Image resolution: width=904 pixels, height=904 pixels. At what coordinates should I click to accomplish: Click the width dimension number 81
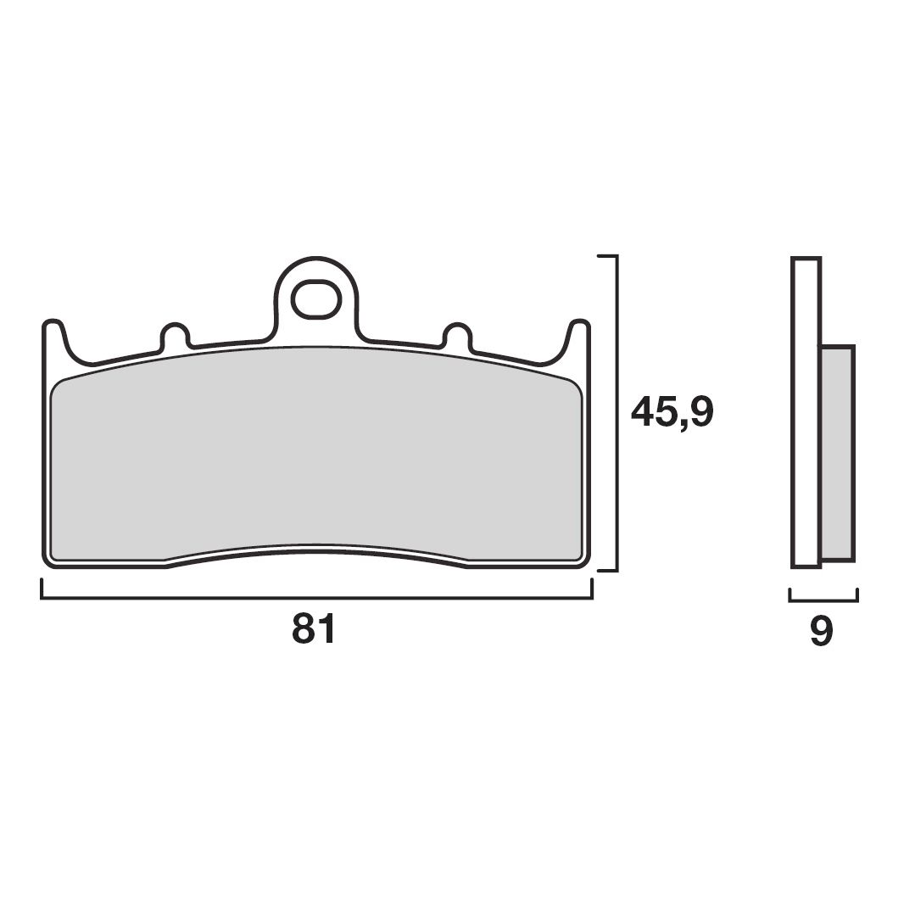point(315,630)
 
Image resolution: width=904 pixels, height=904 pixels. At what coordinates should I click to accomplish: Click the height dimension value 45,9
point(672,412)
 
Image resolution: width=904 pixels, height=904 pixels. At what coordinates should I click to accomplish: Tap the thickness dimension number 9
point(821,632)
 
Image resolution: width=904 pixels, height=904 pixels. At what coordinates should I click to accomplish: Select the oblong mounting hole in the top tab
point(315,299)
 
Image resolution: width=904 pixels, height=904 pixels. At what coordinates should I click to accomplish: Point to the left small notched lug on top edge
point(174,334)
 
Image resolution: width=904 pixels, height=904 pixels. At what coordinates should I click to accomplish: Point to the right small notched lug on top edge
point(457,334)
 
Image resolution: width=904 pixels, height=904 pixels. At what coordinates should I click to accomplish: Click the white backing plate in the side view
point(806,411)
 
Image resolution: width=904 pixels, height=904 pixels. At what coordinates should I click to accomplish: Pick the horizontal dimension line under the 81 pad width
point(315,598)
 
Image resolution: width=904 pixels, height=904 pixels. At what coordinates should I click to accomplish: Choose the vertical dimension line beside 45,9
point(617,412)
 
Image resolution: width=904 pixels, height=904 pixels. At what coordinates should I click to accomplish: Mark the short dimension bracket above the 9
point(823,600)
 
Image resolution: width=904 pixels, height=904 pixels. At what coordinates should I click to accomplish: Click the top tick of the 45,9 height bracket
point(607,255)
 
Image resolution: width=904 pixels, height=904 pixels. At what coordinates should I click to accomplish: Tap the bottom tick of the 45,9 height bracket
point(607,570)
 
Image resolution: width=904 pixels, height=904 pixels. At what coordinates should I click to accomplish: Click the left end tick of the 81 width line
point(42,589)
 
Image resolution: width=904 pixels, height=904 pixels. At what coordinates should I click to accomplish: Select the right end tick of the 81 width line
point(591,589)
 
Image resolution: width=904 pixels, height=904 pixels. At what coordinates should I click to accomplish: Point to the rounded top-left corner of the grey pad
point(58,388)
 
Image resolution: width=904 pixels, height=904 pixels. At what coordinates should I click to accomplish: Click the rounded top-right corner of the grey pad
point(575,388)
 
